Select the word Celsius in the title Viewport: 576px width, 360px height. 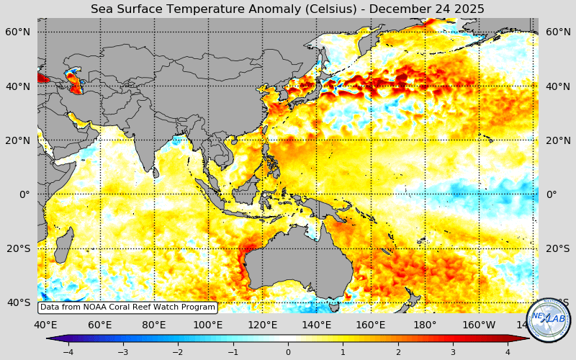(x=307, y=9)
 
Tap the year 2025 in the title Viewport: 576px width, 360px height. (x=469, y=9)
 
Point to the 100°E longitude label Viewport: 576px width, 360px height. (x=208, y=325)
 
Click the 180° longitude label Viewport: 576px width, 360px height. (x=425, y=325)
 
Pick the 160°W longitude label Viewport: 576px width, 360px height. (x=479, y=325)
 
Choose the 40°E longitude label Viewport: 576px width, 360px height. (x=45, y=325)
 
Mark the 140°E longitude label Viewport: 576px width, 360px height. (x=316, y=325)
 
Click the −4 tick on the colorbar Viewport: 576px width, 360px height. (x=68, y=352)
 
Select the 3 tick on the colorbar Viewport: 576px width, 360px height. (x=453, y=352)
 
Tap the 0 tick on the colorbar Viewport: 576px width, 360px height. (x=288, y=352)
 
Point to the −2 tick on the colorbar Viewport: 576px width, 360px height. (x=178, y=352)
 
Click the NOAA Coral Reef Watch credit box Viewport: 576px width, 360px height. (x=127, y=307)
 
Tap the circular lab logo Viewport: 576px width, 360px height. (x=549, y=320)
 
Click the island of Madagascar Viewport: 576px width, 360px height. (x=63, y=245)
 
